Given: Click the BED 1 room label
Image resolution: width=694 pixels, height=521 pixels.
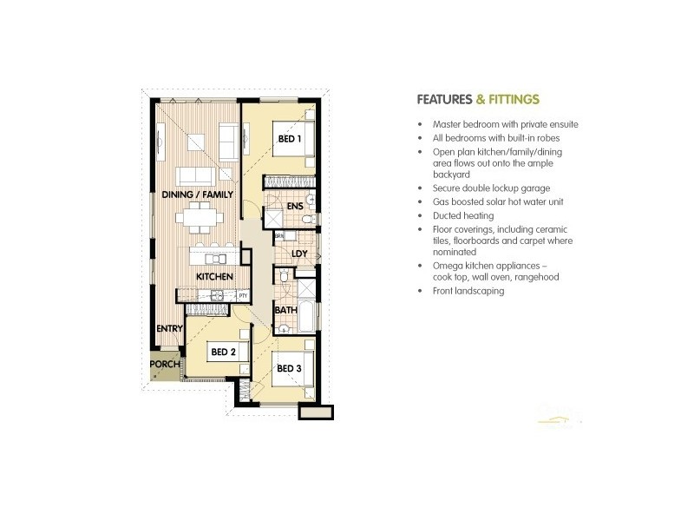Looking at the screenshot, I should coord(290,139).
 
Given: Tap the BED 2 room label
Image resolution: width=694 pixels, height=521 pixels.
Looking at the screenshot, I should coord(223,352).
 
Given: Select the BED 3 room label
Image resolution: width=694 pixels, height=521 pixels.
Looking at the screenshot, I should coord(289,368).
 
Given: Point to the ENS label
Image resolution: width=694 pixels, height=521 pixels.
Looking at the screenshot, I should coord(294,206).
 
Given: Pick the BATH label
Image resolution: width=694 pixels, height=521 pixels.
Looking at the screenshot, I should coord(285,310).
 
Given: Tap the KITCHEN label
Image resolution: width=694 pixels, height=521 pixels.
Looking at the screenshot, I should coord(213,276).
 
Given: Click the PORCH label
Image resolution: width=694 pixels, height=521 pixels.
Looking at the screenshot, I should coord(165,364).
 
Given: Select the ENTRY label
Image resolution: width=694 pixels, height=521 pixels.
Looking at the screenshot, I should coord(169,328).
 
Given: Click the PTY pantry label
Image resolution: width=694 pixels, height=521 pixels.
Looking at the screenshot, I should coord(243,295).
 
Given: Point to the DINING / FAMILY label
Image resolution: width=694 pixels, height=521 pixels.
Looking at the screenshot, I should coord(198,195).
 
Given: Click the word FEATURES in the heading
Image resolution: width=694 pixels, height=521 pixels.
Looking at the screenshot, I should coord(444,99).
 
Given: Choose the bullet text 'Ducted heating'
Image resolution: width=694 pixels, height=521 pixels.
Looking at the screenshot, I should coord(463,214).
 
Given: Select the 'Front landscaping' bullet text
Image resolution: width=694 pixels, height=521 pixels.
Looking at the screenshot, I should coord(468,291).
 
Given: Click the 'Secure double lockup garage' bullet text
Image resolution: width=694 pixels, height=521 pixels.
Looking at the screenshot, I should coord(491,188).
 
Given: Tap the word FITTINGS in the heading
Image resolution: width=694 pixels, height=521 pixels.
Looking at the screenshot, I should coord(513,99).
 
